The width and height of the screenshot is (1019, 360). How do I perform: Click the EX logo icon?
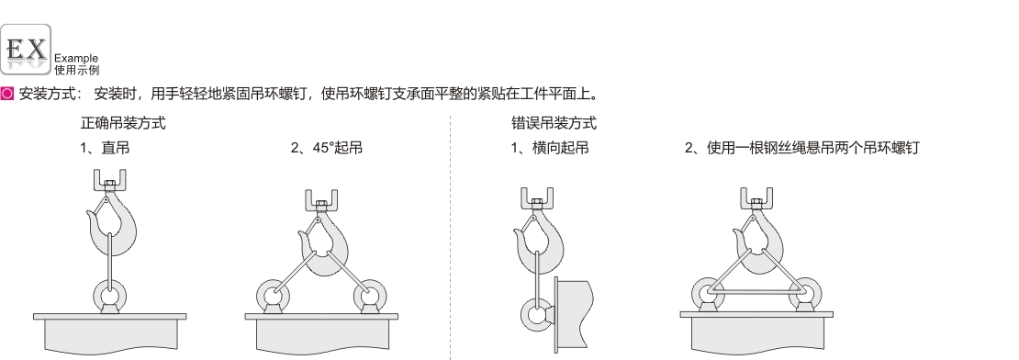tap(26, 50)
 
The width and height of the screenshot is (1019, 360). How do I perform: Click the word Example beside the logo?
tap(76, 59)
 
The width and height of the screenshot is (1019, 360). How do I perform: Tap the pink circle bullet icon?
tap(7, 94)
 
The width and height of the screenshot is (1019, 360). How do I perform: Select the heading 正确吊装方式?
tap(123, 123)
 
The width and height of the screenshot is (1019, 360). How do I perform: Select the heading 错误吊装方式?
tap(554, 123)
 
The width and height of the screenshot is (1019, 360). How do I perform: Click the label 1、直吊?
tap(105, 148)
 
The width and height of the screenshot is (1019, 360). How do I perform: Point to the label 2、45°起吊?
tap(326, 148)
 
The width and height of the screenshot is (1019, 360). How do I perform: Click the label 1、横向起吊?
tap(550, 148)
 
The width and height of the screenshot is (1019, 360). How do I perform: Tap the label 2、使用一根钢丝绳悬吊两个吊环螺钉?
tap(802, 148)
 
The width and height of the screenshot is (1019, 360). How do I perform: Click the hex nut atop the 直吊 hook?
tap(110, 185)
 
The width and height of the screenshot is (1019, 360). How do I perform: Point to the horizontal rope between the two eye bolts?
tap(756, 292)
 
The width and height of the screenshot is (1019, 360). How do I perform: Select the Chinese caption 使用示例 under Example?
tap(77, 70)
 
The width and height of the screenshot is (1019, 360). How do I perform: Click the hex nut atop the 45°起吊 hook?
tap(321, 205)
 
